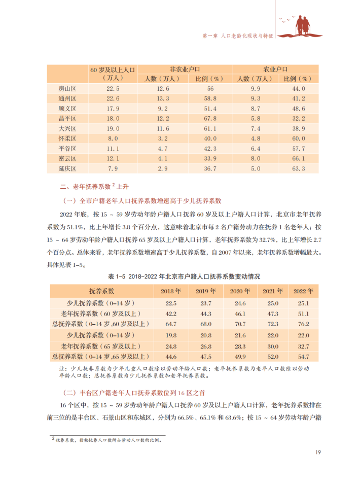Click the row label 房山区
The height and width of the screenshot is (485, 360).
pyautogui.click(x=67, y=89)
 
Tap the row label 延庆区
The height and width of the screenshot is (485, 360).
pyautogui.click(x=67, y=168)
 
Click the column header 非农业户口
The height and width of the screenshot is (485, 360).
pyautogui.click(x=186, y=69)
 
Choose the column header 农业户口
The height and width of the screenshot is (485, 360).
pyautogui.click(x=275, y=69)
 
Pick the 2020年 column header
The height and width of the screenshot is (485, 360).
pyautogui.click(x=240, y=291)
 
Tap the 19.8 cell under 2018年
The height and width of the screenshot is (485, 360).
pyautogui.click(x=171, y=335)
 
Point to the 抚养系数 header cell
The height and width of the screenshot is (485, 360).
pyautogui.click(x=102, y=291)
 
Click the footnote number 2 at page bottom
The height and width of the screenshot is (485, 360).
pyautogui.click(x=52, y=437)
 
